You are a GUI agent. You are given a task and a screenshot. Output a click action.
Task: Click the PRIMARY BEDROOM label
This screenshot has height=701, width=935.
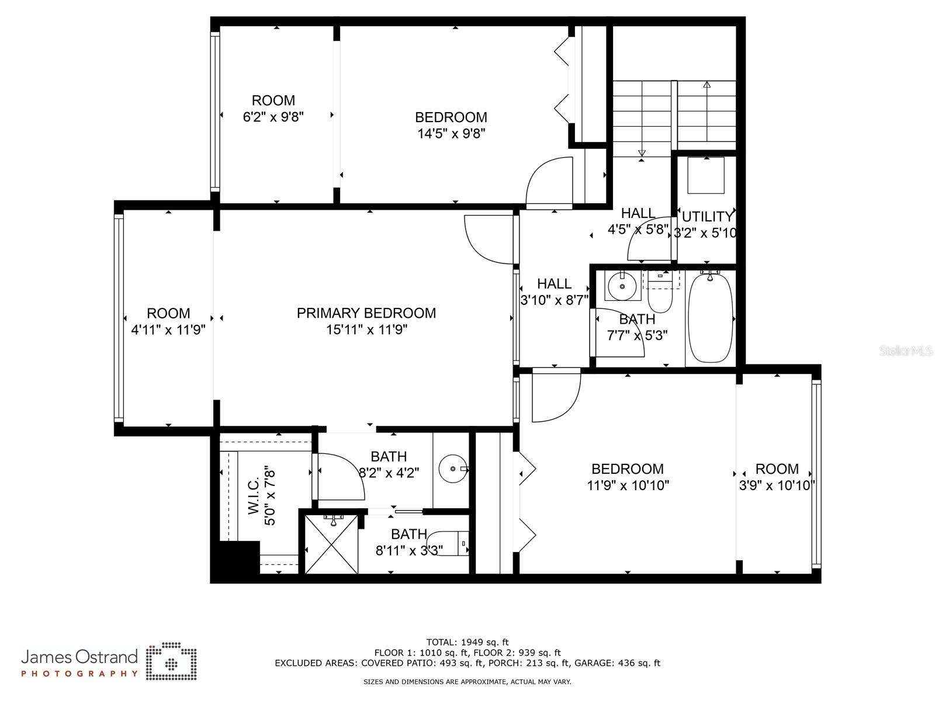click(366, 313)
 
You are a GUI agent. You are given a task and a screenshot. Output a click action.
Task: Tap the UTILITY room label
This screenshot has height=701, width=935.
click(707, 217)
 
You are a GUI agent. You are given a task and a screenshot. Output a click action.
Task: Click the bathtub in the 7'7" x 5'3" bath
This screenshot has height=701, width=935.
click(710, 319)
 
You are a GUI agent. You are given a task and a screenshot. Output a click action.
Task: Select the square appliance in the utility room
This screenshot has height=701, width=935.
click(705, 175)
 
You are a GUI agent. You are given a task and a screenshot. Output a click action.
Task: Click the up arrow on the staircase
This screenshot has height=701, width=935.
click(707, 85)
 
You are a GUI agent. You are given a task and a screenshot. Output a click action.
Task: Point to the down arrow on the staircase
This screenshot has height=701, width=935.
click(642, 154)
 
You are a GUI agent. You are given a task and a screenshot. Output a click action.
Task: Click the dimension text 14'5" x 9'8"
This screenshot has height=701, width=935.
click(451, 134)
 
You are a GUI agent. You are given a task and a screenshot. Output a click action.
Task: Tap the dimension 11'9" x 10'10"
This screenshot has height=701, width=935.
click(628, 485)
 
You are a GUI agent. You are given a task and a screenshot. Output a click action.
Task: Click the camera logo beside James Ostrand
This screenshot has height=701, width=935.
click(171, 662)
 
